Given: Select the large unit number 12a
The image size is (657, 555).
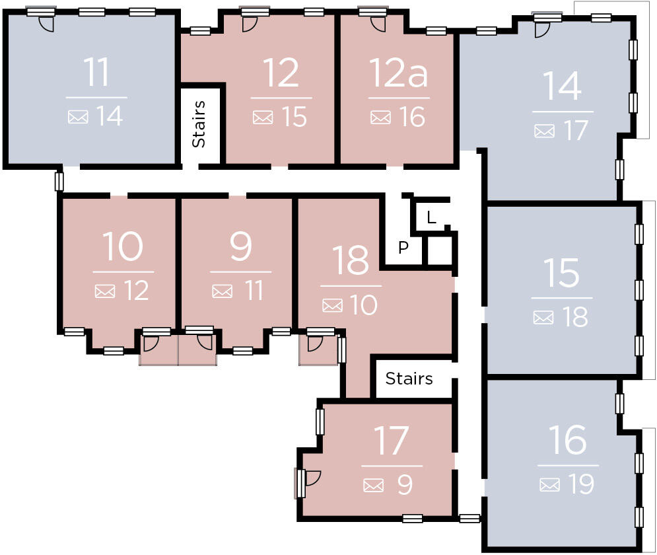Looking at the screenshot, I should [398, 73].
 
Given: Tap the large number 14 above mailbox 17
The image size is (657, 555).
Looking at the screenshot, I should [562, 86].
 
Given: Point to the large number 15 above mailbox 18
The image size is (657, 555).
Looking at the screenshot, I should [562, 273].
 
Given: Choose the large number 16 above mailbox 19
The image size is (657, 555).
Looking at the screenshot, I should [567, 441].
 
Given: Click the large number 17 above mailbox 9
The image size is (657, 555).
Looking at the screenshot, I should [391, 441].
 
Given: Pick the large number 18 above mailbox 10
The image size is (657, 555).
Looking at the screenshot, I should [350, 260].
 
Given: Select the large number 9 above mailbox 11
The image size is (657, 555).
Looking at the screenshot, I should [240, 246].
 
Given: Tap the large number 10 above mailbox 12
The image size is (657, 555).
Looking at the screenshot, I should [123, 246].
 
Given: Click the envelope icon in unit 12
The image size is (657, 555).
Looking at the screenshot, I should [263, 118].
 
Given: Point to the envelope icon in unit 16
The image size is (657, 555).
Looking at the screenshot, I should [549, 485].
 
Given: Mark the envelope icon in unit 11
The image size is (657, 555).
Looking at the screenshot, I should [78, 118].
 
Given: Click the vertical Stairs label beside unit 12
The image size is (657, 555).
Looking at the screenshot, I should [199, 124].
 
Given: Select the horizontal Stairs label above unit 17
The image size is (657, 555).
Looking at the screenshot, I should [409, 379].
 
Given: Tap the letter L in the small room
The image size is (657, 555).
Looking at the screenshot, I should [431, 217].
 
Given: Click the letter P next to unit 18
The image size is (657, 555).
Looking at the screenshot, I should [403, 248].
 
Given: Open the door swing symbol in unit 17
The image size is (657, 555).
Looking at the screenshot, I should [312, 478].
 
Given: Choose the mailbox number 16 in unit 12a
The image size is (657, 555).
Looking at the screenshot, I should [411, 118].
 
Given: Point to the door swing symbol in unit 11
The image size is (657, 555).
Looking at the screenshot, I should [46, 24].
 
